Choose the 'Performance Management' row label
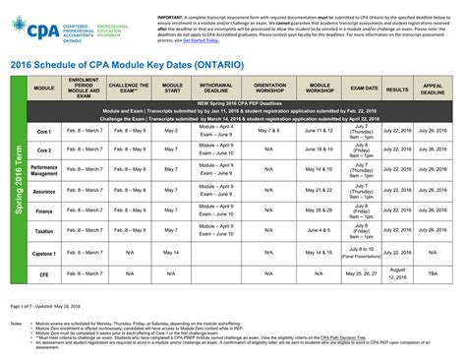click(44, 169)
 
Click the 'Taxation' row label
click(44, 230)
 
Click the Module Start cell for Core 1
click(171, 129)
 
